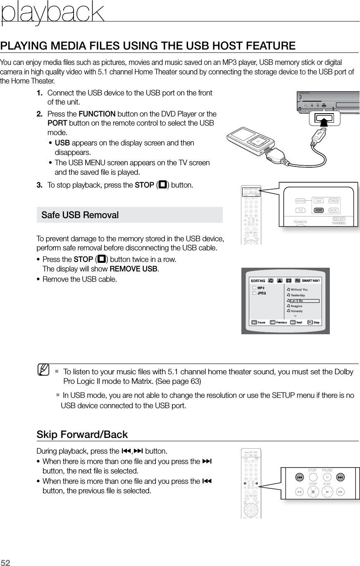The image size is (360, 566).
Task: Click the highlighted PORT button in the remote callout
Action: tap(318, 210)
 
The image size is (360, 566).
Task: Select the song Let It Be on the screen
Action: tap(297, 301)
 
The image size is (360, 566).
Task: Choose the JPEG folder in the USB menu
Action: tap(262, 293)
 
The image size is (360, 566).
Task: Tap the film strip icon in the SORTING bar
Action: tap(288, 281)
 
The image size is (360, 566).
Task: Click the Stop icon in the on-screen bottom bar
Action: tap(310, 322)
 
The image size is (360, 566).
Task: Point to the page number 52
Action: tap(6, 562)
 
